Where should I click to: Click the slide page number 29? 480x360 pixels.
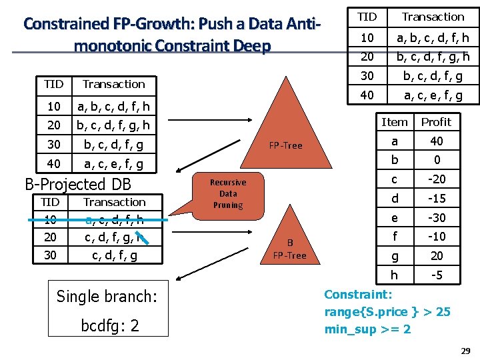coord(466,351)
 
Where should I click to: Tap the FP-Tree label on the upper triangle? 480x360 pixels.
coord(285,145)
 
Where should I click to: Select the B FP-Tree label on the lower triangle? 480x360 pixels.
coord(289,249)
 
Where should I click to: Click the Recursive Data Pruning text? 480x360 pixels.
coord(228,193)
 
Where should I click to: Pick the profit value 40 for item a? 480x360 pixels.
coord(436,141)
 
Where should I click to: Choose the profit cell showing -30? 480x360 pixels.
coord(436,218)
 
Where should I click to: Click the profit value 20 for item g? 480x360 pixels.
coord(436,256)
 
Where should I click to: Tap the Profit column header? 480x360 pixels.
coord(436,122)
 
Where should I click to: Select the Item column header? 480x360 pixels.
coord(394,122)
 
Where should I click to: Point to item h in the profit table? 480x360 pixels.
coord(394,275)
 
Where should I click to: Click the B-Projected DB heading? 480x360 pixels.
coord(78,184)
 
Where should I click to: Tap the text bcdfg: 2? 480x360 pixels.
coord(109,327)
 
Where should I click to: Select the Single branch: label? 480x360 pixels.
coord(106,296)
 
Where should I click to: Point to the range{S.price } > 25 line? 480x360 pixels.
coord(387,312)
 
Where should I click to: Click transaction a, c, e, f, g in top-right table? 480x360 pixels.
coord(433,96)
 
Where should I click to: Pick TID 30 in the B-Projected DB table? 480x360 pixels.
coord(51,255)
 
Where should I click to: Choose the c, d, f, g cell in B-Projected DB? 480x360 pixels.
coord(114,255)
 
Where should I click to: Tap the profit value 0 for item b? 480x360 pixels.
coord(436,160)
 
